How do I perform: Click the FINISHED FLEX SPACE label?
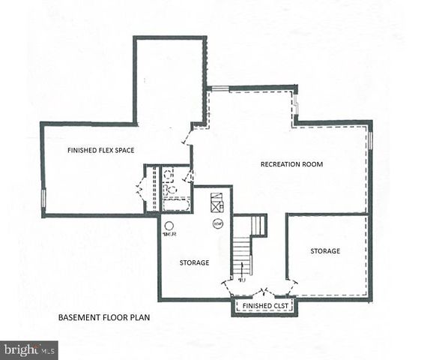pyautogui.click(x=100, y=151)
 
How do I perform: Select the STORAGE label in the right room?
pyautogui.click(x=325, y=250)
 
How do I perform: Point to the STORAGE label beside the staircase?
pyautogui.click(x=194, y=262)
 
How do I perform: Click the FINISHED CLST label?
pyautogui.click(x=264, y=307)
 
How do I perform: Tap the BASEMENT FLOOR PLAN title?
pyautogui.click(x=104, y=318)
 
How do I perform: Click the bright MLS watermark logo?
pyautogui.click(x=29, y=349)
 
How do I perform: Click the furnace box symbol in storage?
pyautogui.click(x=216, y=202)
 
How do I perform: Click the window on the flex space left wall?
pyautogui.click(x=43, y=198)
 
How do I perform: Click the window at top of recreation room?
pyautogui.click(x=219, y=88)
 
